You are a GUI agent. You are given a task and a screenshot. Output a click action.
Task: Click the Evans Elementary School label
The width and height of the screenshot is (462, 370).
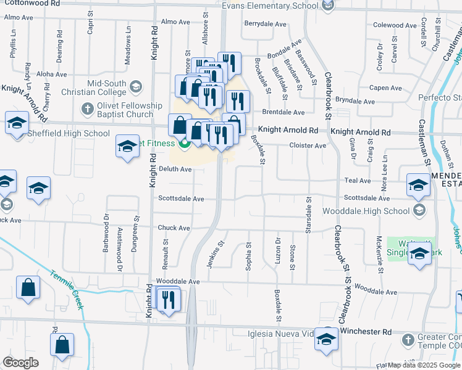click(x=271, y=6)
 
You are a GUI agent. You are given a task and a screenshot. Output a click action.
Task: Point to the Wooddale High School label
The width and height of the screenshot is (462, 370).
click(x=374, y=211)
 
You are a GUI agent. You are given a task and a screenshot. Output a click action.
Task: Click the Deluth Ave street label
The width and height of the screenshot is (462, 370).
click(x=175, y=169)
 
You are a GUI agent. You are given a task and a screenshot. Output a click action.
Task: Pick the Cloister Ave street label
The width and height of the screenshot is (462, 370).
click(x=308, y=146)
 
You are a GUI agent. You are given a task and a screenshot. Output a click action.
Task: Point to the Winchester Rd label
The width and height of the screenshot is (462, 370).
click(x=366, y=332)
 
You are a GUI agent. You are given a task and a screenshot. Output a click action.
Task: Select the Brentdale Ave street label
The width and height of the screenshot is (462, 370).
click(x=283, y=113)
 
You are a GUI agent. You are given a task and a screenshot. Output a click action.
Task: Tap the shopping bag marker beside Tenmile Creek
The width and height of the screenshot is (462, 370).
click(x=28, y=288)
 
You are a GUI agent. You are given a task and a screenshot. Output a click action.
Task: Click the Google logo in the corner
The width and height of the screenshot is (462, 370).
click(x=21, y=363)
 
